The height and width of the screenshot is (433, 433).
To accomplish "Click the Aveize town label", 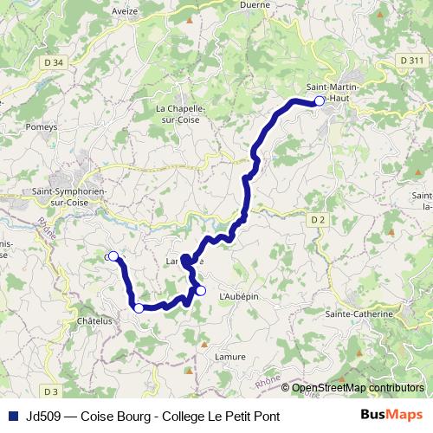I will point(126,11).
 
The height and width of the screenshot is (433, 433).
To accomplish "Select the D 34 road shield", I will point(53,62).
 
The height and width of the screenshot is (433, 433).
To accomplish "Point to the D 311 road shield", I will point(412,60).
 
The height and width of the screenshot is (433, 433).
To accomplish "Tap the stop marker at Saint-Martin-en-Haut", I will point(319,101).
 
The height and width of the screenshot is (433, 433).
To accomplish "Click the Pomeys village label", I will point(42,126).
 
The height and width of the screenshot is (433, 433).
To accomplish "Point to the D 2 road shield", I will point(318,220).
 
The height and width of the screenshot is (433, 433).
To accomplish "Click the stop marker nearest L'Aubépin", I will point(200,291).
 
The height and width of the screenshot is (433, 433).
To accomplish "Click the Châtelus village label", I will point(95,320).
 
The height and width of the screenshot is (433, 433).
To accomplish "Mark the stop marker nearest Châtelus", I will point(138,307).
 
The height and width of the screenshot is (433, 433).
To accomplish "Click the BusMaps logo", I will point(391,415).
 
